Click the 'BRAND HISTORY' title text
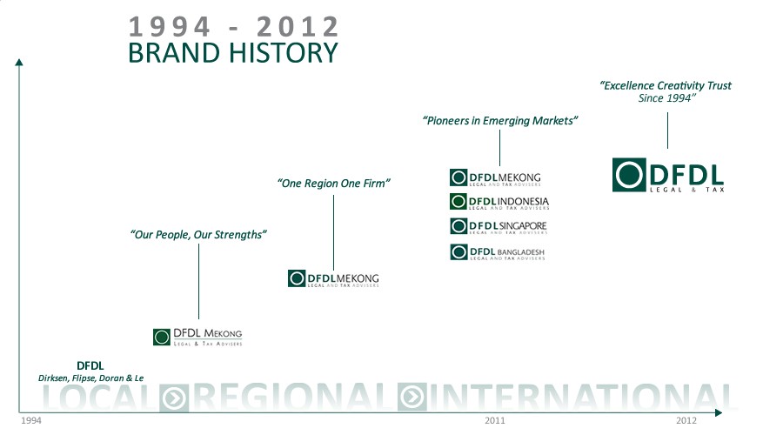(232, 52)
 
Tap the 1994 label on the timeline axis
(32, 420)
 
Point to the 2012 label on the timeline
(686, 420)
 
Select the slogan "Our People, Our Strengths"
(197, 235)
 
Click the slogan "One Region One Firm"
(333, 184)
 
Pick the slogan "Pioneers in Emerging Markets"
(500, 121)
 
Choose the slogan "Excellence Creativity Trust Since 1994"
(666, 92)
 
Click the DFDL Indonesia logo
(499, 202)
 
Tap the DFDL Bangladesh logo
(498, 252)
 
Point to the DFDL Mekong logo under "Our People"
(197, 337)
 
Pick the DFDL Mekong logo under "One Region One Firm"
(333, 278)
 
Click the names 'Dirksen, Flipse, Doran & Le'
(90, 378)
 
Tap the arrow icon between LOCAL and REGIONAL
(174, 397)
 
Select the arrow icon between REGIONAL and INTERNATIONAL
(412, 397)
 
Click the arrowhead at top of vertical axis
(18, 61)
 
